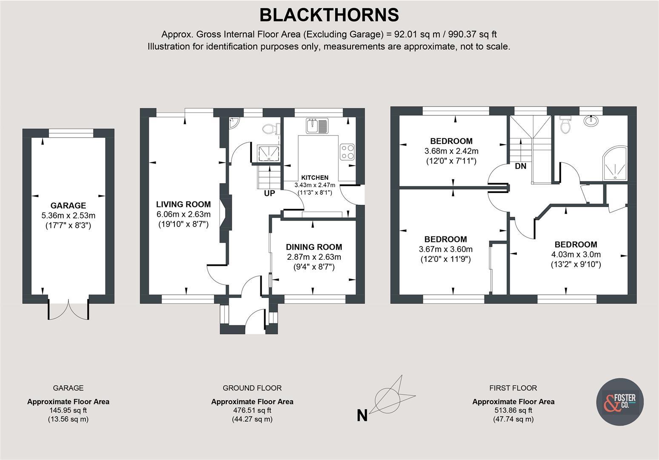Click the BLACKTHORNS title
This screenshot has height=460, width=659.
pos(329,15)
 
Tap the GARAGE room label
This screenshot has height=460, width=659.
pos(68,205)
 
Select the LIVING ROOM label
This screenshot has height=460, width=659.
pos(183,204)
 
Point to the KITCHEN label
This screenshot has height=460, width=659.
pos(315,178)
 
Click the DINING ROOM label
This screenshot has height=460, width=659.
pos(314,247)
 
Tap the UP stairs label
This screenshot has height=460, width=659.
pos(270,193)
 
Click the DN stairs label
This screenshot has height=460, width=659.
pos(520,167)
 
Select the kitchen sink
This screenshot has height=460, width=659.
pos(317,126)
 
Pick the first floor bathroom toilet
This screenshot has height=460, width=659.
pos(565,125)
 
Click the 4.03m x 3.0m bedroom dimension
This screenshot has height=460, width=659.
pos(576,255)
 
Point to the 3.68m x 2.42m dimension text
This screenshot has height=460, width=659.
pos(451,151)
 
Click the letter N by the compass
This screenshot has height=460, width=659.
pos(362,415)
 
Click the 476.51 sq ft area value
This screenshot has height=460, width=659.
pos(252,411)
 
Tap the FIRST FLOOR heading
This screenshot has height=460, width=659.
pos(513,388)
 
